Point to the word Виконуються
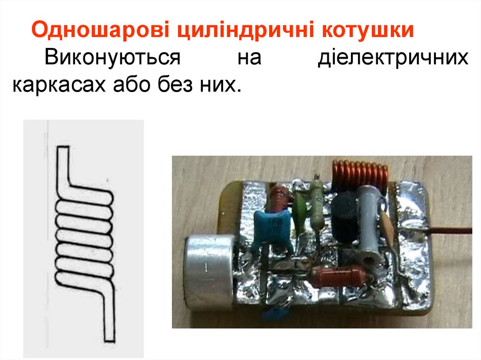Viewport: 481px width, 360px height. click(x=113, y=58)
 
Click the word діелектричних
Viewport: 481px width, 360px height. click(x=393, y=58)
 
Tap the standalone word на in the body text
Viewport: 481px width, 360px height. click(x=249, y=58)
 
